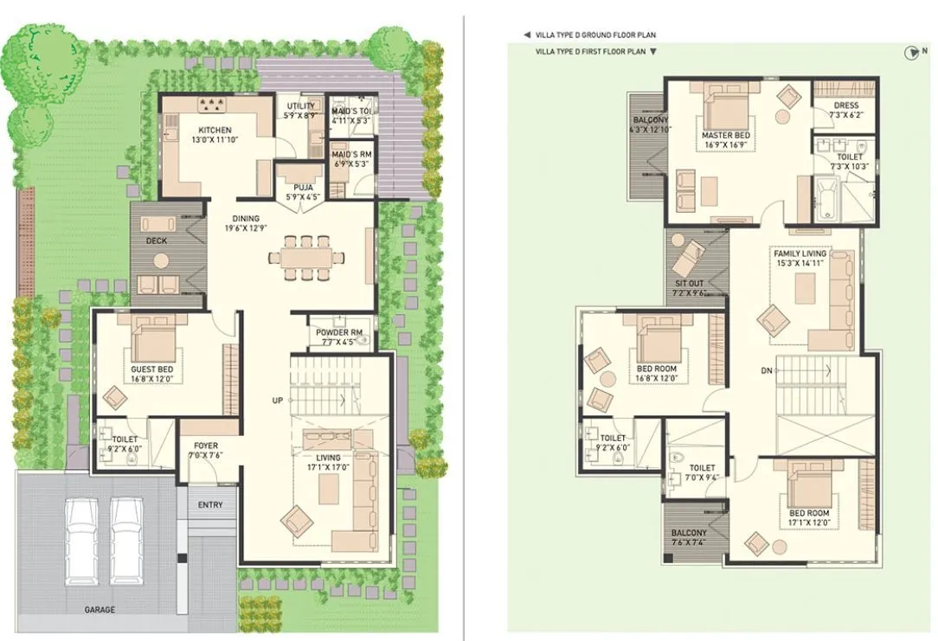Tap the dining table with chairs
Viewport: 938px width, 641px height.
[300, 257]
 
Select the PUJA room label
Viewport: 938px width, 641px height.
[303, 186]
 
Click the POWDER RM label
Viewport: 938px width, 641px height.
[338, 332]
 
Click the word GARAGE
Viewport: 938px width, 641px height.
[100, 609]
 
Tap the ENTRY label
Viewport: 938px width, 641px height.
[209, 504]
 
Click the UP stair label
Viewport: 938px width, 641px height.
[277, 401]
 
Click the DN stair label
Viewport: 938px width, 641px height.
[766, 370]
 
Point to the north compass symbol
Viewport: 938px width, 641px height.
[909, 54]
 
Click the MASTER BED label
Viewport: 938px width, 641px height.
[725, 135]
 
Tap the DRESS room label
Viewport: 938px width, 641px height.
[845, 106]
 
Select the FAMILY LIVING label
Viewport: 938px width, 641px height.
[800, 253]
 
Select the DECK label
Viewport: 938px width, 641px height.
[156, 241]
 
